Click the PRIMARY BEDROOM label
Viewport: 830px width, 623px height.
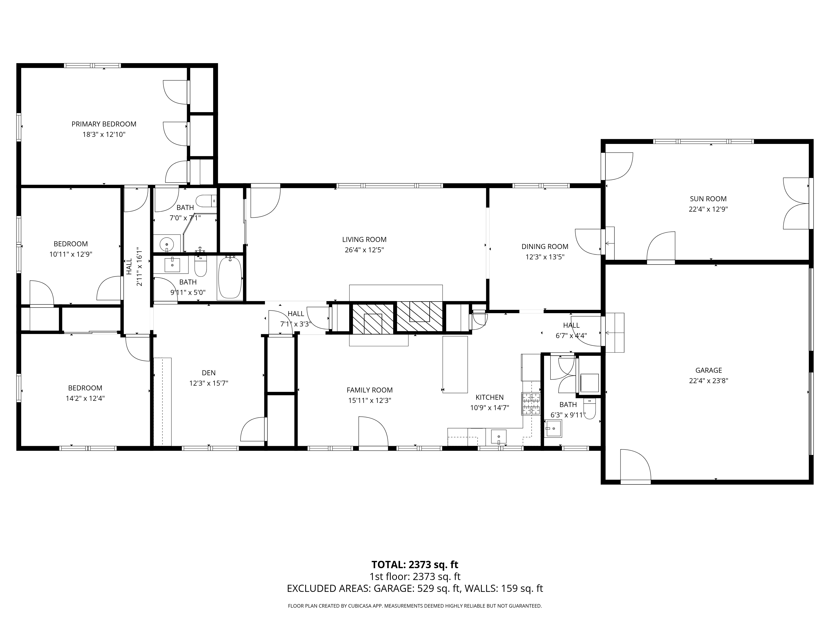pos(104,124)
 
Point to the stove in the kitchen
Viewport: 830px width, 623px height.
pos(530,404)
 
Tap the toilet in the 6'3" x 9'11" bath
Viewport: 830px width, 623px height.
pos(590,409)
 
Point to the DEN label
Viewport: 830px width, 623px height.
pos(209,373)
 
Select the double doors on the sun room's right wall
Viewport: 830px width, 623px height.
pos(796,204)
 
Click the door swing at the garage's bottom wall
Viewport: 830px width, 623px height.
pos(635,466)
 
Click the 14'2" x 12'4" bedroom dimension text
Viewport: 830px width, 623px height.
pos(85,399)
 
